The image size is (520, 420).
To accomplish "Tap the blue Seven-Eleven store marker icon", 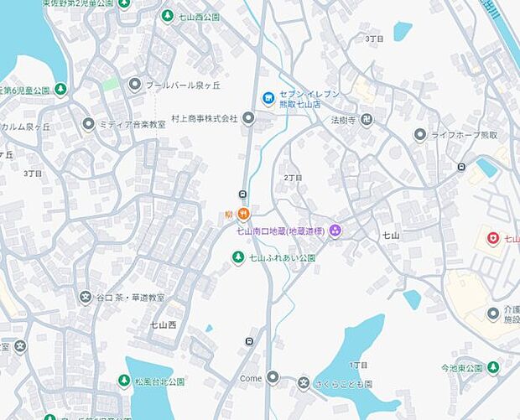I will (268, 99).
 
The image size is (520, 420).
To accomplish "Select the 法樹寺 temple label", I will (338, 120).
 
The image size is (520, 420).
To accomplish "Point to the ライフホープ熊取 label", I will (465, 135).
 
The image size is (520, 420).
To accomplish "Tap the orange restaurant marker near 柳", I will (243, 214).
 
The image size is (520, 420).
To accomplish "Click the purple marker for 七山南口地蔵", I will (335, 231).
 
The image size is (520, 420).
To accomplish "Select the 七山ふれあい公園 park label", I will (282, 257).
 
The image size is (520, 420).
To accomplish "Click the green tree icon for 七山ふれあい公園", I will (238, 257).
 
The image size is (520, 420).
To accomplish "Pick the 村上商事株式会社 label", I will (205, 119).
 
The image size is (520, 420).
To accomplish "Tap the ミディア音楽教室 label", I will (132, 124).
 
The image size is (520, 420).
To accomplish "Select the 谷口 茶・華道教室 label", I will (131, 298).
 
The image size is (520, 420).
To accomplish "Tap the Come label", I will (251, 378).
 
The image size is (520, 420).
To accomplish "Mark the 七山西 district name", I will (164, 324).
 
